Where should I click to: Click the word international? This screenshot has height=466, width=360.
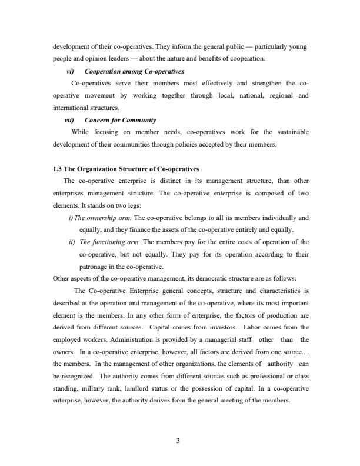pos(72,108)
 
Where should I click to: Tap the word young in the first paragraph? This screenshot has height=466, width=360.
pos(299,46)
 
